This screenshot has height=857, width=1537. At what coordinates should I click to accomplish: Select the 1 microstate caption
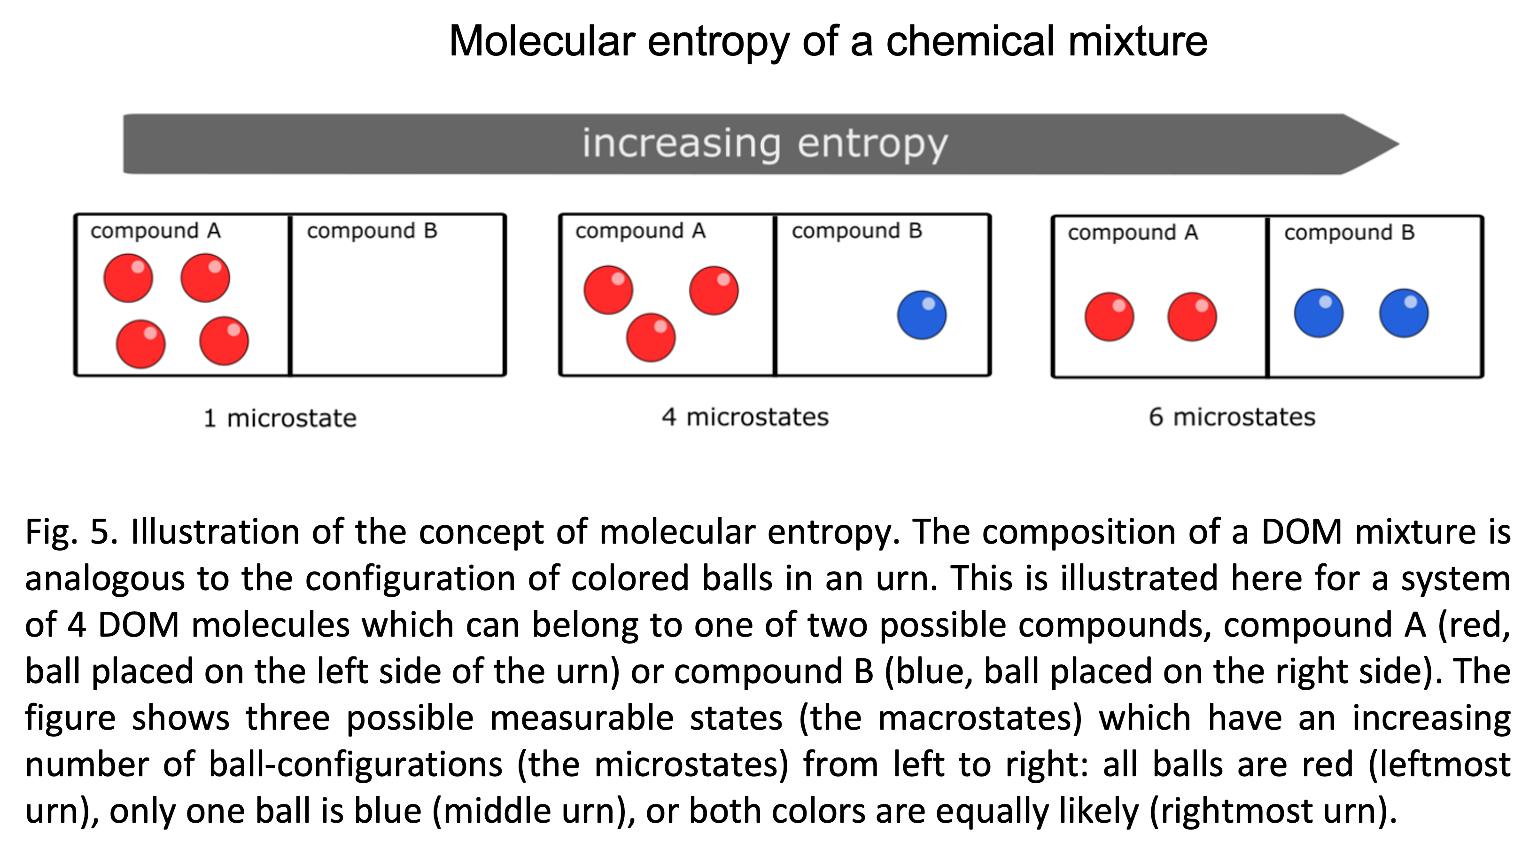[280, 418]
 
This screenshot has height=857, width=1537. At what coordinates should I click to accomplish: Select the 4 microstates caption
[745, 417]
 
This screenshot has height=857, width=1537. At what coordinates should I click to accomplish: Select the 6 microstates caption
[1232, 417]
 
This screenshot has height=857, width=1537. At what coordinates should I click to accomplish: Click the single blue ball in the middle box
[922, 315]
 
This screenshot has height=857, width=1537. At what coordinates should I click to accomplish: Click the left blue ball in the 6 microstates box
[1319, 313]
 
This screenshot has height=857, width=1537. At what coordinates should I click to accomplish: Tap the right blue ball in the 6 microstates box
[1404, 313]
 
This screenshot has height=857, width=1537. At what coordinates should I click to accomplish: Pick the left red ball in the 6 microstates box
[1109, 317]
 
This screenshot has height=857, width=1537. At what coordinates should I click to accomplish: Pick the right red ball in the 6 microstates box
[1192, 317]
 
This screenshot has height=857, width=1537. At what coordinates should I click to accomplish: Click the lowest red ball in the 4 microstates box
[651, 338]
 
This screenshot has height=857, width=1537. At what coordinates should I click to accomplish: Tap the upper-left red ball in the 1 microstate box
[128, 278]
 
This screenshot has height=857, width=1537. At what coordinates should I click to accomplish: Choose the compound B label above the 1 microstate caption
[373, 231]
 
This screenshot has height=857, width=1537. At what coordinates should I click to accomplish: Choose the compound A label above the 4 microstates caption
[640, 231]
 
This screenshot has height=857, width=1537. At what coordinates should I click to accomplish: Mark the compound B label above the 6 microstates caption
[1350, 233]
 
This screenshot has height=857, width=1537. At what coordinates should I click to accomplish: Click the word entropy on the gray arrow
[872, 143]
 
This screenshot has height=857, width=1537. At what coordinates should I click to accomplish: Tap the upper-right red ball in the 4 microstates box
[714, 291]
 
